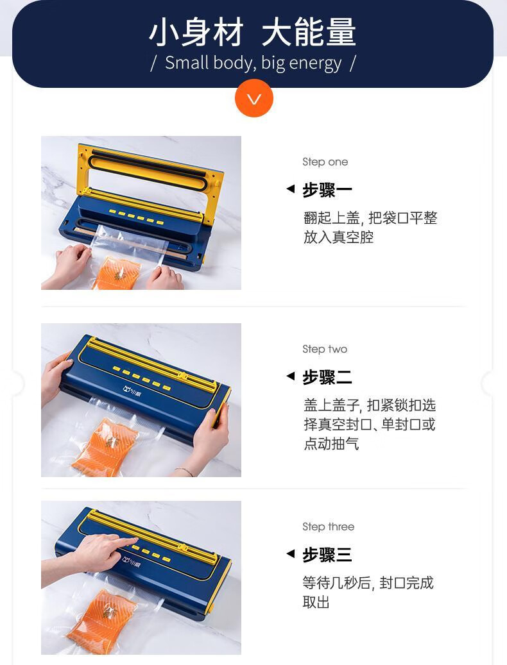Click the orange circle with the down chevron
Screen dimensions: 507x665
coord(253,98)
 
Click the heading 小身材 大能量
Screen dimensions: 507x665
coord(253,31)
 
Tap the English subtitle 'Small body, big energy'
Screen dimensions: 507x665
coord(253,63)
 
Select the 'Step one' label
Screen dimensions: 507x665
coord(325,162)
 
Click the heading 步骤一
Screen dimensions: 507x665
coord(327,190)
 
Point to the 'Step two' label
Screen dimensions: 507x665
coord(325,349)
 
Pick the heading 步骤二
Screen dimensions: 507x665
coord(327,377)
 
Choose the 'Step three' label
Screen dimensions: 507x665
coord(329,526)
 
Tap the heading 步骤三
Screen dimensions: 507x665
coord(327,555)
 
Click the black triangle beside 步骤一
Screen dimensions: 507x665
coord(291,189)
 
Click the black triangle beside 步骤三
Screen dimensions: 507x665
coord(291,553)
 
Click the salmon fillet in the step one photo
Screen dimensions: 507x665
coord(116,273)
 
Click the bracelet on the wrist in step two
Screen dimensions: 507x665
coord(184,471)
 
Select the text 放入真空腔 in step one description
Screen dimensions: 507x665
coord(338,237)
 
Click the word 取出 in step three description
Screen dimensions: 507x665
coord(316,602)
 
